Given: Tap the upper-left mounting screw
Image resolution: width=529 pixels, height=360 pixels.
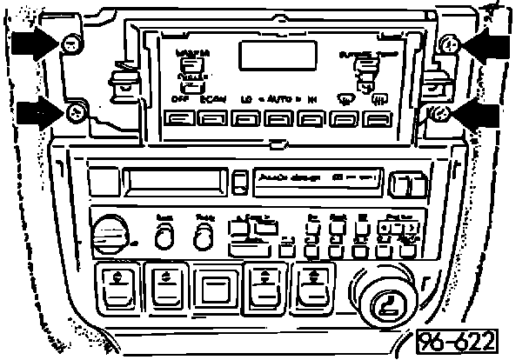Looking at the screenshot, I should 72,43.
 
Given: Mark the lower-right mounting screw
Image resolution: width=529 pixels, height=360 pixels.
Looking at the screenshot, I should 439,113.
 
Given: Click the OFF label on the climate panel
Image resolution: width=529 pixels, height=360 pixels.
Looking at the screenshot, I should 180,99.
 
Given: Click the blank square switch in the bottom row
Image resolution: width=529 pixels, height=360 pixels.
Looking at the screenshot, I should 213,287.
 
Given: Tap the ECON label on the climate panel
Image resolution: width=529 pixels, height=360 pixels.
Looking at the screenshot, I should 212,99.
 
